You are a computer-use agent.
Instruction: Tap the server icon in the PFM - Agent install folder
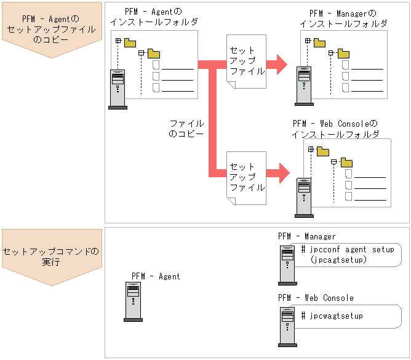(118, 89)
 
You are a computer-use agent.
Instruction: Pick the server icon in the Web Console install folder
(303, 196)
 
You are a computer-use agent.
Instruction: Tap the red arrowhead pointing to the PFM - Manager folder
(281, 63)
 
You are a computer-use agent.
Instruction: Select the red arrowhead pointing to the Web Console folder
(282, 172)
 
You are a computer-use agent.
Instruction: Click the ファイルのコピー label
(186, 129)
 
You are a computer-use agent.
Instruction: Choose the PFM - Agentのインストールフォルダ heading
(154, 17)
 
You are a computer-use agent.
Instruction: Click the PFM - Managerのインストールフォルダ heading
(343, 18)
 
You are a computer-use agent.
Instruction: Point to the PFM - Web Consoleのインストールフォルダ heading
(335, 129)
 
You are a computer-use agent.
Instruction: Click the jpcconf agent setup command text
(347, 250)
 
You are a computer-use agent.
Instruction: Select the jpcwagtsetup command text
(332, 316)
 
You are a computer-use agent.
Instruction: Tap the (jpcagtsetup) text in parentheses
(338, 260)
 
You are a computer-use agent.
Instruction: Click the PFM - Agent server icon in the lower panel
(133, 302)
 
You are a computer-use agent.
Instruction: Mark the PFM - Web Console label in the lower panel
(316, 298)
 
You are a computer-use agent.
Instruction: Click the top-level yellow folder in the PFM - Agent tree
(130, 42)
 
